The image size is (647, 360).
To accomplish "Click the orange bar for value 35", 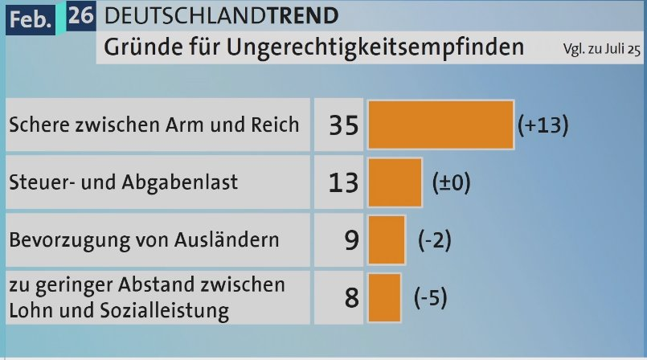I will tap(440, 125).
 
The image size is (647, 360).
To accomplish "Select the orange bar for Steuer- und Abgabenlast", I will tap(395, 182).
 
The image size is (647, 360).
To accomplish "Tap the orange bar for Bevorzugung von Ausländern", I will tap(387, 239).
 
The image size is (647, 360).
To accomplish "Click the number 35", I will tap(343, 125).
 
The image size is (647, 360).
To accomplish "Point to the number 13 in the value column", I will tap(343, 182).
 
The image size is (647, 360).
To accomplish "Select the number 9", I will tap(350, 239).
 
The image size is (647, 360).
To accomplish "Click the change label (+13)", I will tap(543, 125).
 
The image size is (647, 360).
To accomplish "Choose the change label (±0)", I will tap(451, 182).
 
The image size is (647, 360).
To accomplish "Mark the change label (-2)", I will tap(433, 239).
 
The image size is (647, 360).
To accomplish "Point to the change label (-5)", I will tap(430, 297).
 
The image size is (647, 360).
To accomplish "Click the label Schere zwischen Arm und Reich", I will tap(153, 125).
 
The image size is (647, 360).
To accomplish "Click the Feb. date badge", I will tap(28, 16).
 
